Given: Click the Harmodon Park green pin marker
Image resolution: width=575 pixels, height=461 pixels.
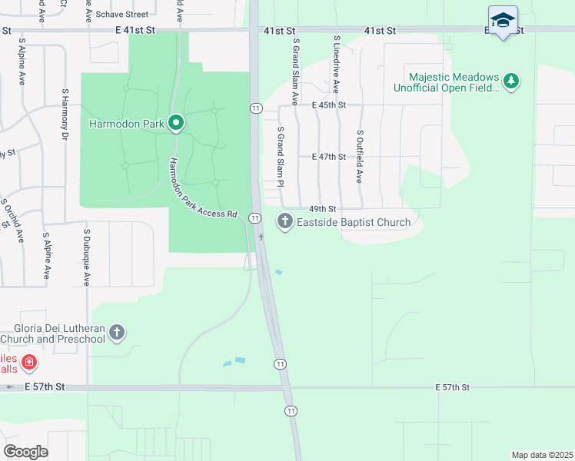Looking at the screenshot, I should pyautogui.click(x=176, y=123).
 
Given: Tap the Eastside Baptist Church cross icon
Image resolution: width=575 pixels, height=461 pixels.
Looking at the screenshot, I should pyautogui.click(x=285, y=223).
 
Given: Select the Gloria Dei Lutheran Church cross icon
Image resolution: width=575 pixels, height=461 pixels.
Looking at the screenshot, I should pyautogui.click(x=117, y=333).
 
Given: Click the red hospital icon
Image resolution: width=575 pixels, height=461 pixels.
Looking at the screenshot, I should pyautogui.click(x=28, y=362).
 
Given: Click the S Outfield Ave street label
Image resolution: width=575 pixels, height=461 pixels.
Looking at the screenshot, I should pyautogui.click(x=359, y=156).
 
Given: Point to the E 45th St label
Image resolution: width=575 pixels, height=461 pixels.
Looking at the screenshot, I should pyautogui.click(x=329, y=105).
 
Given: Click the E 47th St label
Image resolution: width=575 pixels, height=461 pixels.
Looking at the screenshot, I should pyautogui.click(x=329, y=157).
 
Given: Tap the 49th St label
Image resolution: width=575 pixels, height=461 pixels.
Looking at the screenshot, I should pyautogui.click(x=323, y=209).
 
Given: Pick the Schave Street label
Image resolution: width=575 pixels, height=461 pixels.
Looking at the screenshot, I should pyautogui.click(x=127, y=15).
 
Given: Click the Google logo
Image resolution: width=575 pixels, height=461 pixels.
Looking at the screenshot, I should pyautogui.click(x=25, y=452).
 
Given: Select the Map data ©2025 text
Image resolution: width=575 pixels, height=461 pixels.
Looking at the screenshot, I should pyautogui.click(x=542, y=455).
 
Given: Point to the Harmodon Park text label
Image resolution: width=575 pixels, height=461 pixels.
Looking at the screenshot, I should pyautogui.click(x=128, y=124).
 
